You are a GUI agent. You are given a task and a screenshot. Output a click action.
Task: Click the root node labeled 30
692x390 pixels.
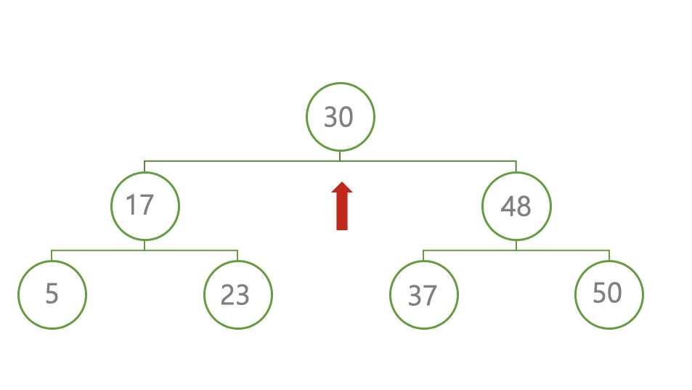[340, 117]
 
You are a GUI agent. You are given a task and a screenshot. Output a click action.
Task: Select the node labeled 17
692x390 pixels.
[144, 206]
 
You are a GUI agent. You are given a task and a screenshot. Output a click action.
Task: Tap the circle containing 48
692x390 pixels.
[516, 207]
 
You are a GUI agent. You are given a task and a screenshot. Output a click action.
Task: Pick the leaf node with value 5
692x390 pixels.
[52, 295]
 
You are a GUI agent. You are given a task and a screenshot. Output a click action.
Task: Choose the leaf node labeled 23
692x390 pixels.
[237, 295]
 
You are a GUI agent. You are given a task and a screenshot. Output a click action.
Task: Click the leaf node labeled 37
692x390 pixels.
[423, 295]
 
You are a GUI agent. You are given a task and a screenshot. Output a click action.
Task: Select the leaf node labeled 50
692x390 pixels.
[608, 294]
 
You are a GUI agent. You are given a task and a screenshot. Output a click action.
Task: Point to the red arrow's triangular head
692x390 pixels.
[342, 188]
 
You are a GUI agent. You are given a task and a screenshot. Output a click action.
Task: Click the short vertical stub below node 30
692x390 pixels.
[340, 155]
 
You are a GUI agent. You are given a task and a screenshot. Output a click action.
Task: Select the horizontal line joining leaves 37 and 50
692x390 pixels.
[559, 251]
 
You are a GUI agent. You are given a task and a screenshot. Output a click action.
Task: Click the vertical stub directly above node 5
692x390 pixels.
[52, 256]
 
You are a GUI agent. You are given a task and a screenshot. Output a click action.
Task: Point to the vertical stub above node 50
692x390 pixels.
[609, 256]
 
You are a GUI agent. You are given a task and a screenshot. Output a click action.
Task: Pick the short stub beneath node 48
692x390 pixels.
[516, 245]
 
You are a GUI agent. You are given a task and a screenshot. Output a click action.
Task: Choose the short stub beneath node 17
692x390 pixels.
[144, 245]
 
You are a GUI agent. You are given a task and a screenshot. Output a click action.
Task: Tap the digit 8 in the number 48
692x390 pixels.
[524, 208]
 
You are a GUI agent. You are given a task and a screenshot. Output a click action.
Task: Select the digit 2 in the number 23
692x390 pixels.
[228, 295]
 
